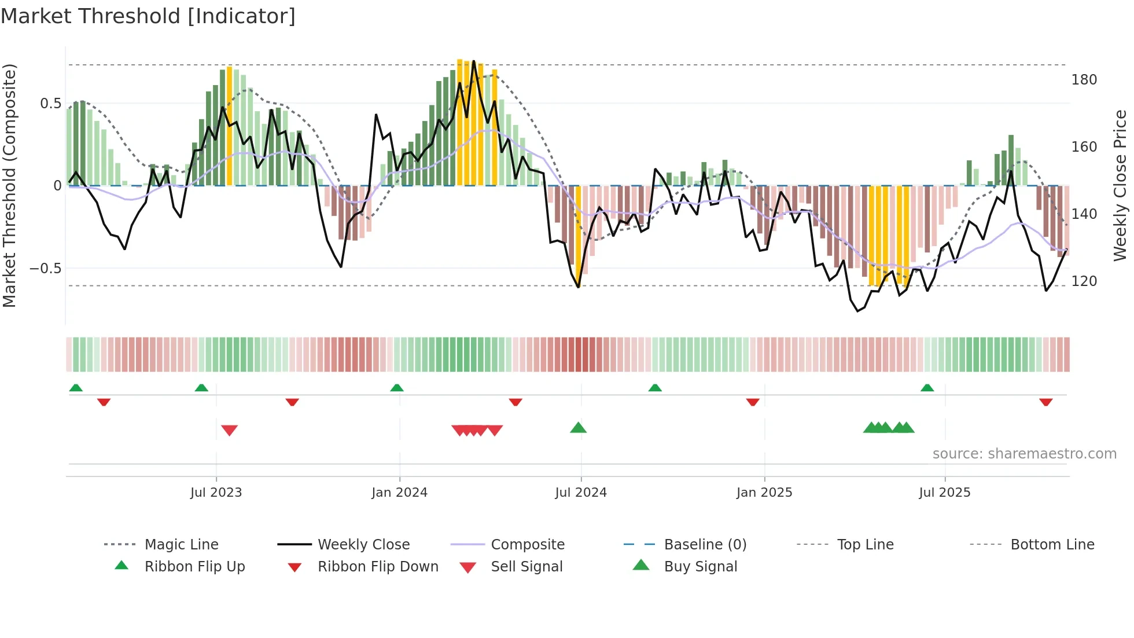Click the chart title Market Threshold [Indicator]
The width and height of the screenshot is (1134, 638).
coord(148,16)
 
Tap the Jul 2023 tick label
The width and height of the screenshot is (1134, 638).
coord(216,493)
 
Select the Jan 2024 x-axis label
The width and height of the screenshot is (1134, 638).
coord(399,493)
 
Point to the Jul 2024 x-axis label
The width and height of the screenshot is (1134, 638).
coord(581,493)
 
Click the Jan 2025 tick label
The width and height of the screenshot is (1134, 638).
coord(764,493)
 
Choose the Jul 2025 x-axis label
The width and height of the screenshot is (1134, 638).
coord(945,493)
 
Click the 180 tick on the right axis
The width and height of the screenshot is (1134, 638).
coord(1084,80)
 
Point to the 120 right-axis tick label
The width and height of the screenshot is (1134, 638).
coord(1084,281)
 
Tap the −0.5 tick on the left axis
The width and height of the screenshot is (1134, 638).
coord(45,269)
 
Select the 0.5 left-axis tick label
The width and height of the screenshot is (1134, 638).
coord(50,104)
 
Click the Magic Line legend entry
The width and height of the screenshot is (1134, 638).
coord(181,545)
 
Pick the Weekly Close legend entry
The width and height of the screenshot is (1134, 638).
coord(363,545)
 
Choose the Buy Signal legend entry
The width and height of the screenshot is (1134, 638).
coord(700,567)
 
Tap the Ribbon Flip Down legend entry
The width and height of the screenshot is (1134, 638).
coord(378,567)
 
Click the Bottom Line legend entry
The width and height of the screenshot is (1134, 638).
coord(1052,545)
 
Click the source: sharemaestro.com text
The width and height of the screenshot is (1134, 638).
coord(1024,454)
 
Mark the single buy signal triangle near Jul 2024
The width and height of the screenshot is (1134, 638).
coord(578,428)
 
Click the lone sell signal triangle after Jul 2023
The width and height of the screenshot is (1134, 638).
coord(229,430)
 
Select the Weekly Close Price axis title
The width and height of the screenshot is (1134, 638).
coord(1120,185)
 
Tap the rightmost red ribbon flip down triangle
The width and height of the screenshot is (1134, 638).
coord(1045,402)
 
